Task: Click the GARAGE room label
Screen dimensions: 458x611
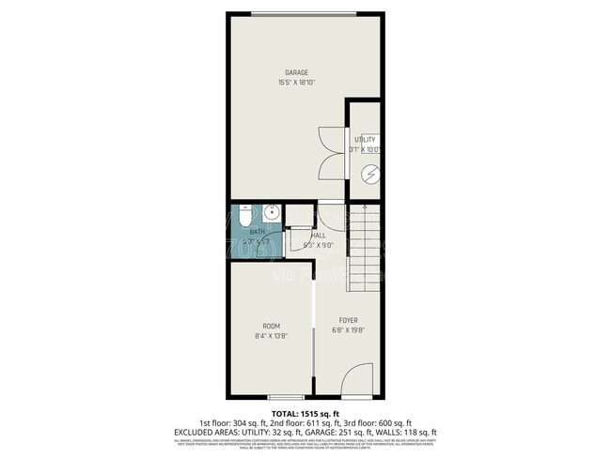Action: pyautogui.click(x=297, y=72)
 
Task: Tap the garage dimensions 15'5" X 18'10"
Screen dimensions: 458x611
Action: pyautogui.click(x=297, y=83)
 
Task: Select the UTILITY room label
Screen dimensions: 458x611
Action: pyautogui.click(x=365, y=140)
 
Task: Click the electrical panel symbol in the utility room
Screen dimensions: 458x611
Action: pyautogui.click(x=371, y=174)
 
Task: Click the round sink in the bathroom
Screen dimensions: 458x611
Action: pyautogui.click(x=273, y=212)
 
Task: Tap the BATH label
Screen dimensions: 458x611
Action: pyautogui.click(x=257, y=231)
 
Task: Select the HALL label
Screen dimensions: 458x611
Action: pyautogui.click(x=318, y=236)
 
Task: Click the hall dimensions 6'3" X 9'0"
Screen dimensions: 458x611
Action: pyautogui.click(x=318, y=246)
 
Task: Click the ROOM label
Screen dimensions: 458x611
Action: pyautogui.click(x=271, y=326)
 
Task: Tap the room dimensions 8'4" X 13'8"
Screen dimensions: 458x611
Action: pyautogui.click(x=271, y=336)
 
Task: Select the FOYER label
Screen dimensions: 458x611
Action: pyautogui.click(x=348, y=320)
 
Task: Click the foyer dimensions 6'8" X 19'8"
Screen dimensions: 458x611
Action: pyautogui.click(x=348, y=330)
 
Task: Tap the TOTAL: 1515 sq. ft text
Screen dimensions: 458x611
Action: pyautogui.click(x=305, y=414)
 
